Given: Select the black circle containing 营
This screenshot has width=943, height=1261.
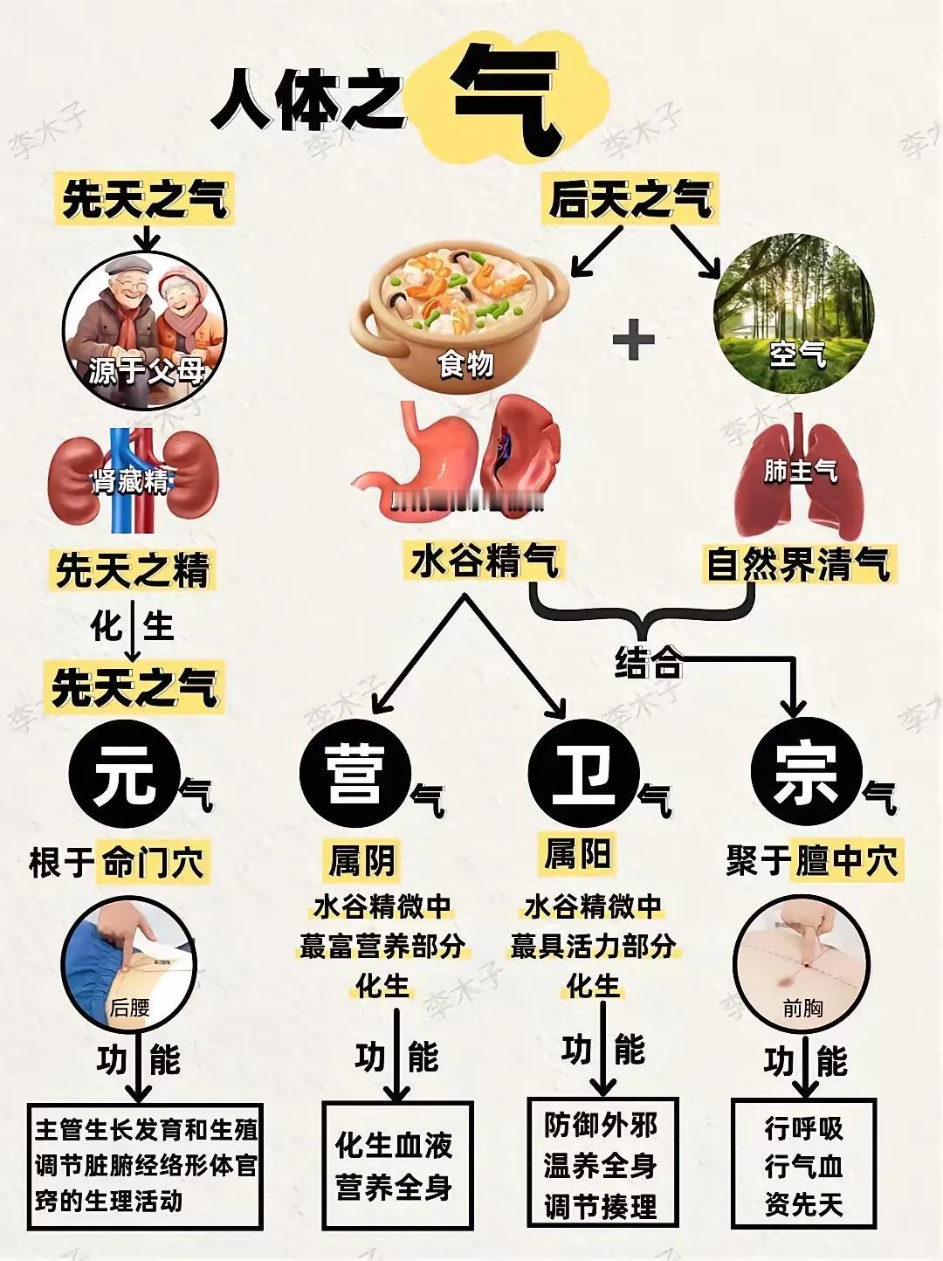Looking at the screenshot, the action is tap(355, 771).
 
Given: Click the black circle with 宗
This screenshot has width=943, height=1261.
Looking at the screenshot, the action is tap(806, 771).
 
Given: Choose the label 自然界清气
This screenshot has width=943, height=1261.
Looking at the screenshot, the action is tap(797, 564).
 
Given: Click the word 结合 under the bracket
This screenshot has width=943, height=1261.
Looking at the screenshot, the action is tap(647, 663).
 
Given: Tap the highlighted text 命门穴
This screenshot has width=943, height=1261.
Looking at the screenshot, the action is tap(153, 863).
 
